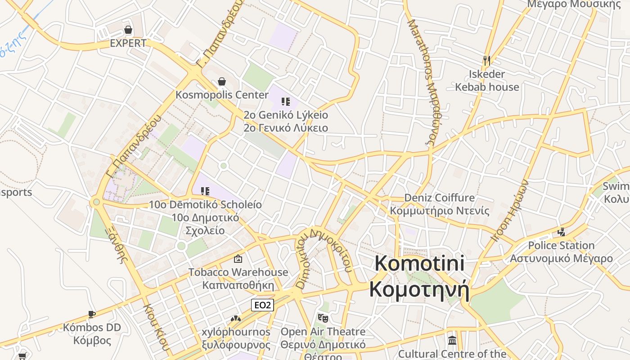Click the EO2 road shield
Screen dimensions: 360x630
pos(263,305)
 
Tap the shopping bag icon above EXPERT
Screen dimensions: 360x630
pos(128,30)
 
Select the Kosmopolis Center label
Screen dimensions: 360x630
pos(222,95)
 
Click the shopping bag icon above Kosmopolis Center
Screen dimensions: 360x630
pos(222,81)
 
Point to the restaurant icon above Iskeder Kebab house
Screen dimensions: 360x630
pos(486,60)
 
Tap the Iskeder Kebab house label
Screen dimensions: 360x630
pos(487,81)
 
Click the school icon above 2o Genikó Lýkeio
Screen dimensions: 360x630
pos(286,102)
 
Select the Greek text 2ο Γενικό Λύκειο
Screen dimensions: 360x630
pos(286,128)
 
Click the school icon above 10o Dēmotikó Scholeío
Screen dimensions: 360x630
pos(205,191)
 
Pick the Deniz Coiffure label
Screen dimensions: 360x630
pos(439,198)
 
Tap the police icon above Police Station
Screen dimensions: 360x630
pos(561,232)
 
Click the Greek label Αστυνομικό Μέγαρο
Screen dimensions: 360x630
pos(561,258)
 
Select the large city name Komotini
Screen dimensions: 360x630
pos(419,263)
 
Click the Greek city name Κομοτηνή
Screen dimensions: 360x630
pos(419,289)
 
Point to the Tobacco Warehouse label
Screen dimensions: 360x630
pos(238,272)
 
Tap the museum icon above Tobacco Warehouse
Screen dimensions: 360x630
pos(238,259)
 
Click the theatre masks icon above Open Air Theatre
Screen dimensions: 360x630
pos(323,318)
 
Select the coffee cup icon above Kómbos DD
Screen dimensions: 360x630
pos(92,314)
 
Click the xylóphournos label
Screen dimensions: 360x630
pos(236,332)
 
